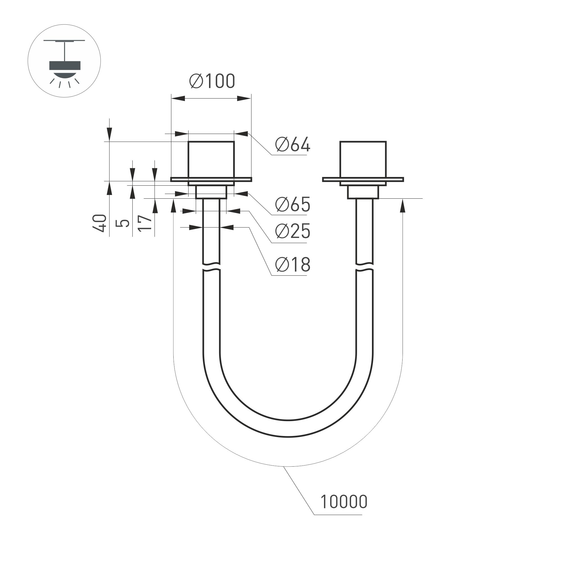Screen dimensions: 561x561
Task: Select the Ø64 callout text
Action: [293, 144]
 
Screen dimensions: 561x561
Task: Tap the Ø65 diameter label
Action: [293, 205]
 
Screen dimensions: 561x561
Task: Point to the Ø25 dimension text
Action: [293, 231]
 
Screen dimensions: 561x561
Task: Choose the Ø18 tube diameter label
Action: [293, 265]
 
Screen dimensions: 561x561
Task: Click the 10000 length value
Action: [344, 502]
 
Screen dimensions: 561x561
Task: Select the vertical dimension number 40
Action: [100, 223]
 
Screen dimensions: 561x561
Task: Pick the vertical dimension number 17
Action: [145, 223]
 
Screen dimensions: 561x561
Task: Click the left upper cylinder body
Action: [211, 159]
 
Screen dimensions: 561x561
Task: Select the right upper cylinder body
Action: [363, 159]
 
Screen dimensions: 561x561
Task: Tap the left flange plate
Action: [211, 180]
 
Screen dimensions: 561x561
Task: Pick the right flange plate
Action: [363, 180]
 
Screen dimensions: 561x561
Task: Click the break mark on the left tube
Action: [211, 267]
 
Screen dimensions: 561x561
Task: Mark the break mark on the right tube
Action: [364, 267]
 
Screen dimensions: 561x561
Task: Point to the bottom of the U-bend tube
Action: [288, 428]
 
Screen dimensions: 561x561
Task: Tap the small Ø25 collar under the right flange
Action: [363, 192]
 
